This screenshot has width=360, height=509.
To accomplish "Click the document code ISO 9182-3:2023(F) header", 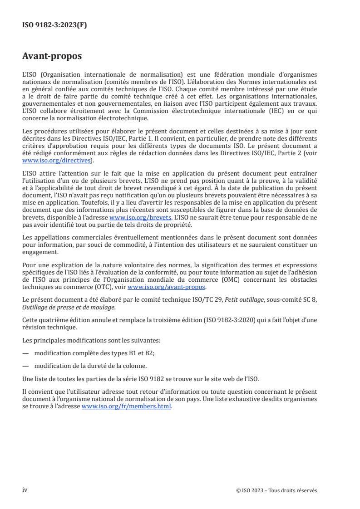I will pos(54,25).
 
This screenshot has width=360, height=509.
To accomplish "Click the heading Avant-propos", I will pos(52,57).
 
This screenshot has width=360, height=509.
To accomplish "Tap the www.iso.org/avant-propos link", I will pos(167,287).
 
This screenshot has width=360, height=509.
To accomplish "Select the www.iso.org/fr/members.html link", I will pos(127,406).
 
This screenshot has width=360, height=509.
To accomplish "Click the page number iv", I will pos(25,490).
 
